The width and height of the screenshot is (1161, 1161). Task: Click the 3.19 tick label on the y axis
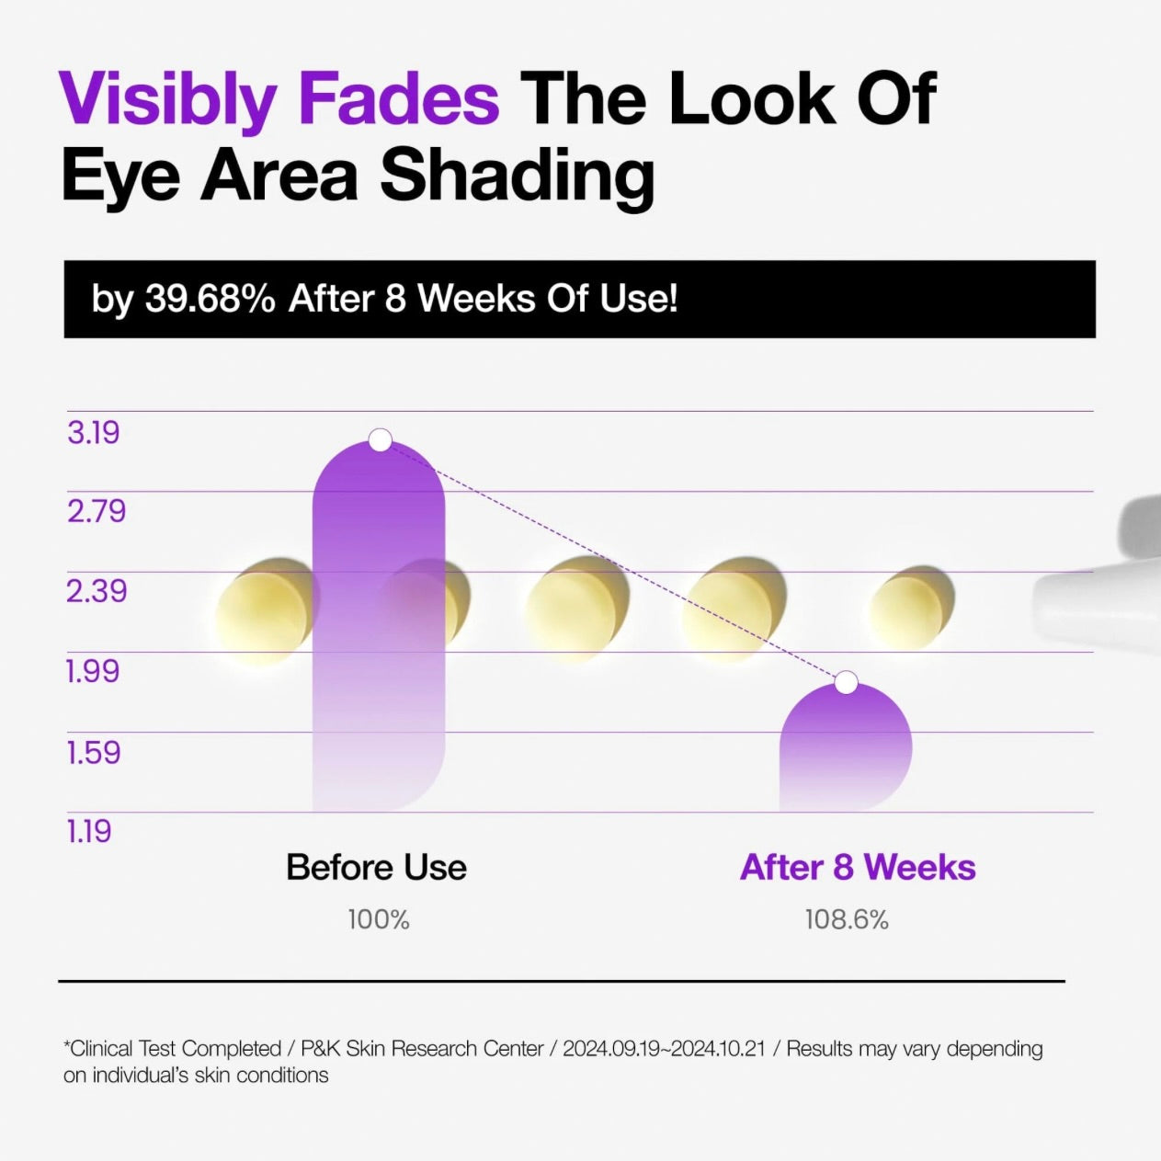pyautogui.click(x=94, y=433)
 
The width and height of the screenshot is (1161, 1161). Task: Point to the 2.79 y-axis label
pyautogui.click(x=97, y=511)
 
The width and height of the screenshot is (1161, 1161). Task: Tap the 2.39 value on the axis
pyautogui.click(x=97, y=592)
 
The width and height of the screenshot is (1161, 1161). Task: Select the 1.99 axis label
pyautogui.click(x=93, y=671)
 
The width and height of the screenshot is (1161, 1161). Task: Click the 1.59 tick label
pyautogui.click(x=94, y=753)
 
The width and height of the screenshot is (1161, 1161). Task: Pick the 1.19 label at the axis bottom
pyautogui.click(x=88, y=831)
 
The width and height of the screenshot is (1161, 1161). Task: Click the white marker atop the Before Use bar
pyautogui.click(x=381, y=439)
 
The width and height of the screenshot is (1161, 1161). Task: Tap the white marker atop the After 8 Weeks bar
pyautogui.click(x=847, y=682)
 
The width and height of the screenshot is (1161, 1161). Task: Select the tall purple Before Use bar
pyautogui.click(x=379, y=627)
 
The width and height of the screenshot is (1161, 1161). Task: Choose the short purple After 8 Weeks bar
pyautogui.click(x=846, y=747)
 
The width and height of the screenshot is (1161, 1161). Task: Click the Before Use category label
pyautogui.click(x=377, y=868)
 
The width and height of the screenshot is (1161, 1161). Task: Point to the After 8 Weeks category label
pyautogui.click(x=858, y=868)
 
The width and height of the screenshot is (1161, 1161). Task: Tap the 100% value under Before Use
pyautogui.click(x=379, y=920)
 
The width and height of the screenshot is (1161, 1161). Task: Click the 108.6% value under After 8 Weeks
pyautogui.click(x=847, y=920)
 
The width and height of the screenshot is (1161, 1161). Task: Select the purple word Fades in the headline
pyautogui.click(x=399, y=98)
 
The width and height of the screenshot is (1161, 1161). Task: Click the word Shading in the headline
pyautogui.click(x=517, y=176)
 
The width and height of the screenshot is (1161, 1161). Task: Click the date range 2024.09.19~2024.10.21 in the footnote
pyautogui.click(x=664, y=1049)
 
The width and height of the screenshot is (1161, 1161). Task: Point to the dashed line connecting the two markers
pyautogui.click(x=613, y=561)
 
